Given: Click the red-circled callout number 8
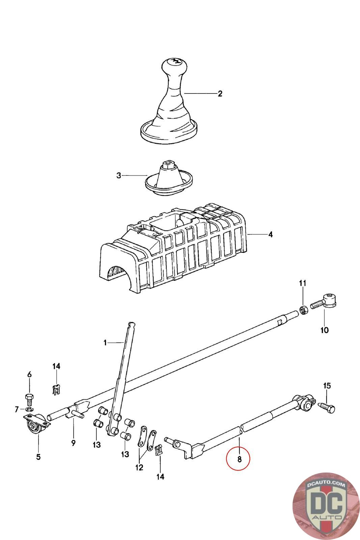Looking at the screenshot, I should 239,459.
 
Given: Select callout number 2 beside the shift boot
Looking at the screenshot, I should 220,93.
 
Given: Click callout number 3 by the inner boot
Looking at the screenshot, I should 118,175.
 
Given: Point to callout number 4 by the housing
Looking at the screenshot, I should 270,234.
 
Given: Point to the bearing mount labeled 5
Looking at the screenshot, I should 35,425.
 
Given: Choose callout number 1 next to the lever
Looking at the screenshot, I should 105,343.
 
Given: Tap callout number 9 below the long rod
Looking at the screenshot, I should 73,442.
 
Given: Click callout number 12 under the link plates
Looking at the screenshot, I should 139,467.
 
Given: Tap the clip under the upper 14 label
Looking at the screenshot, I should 56,389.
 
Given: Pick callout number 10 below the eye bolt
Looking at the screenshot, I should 324,330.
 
